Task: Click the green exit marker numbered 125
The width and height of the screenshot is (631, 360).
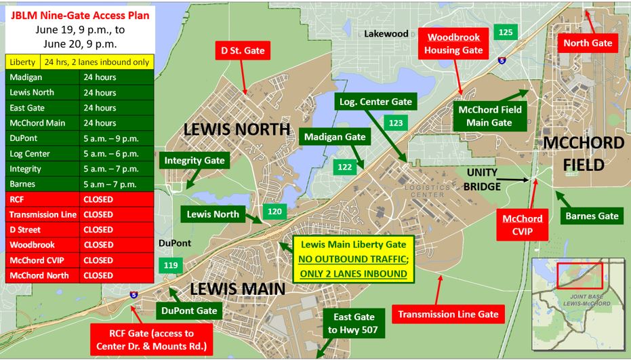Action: tap(506, 32)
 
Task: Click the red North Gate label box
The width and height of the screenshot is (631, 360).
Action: tap(588, 43)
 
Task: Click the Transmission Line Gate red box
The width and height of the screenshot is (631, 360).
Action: tap(448, 314)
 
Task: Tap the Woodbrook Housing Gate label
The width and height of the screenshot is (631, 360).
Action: tap(453, 43)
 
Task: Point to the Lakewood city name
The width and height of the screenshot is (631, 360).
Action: tap(386, 34)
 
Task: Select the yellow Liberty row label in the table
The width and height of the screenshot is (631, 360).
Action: tap(22, 62)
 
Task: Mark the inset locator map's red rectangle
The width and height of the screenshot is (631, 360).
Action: tap(579, 277)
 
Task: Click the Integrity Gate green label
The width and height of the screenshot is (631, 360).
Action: tap(195, 161)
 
